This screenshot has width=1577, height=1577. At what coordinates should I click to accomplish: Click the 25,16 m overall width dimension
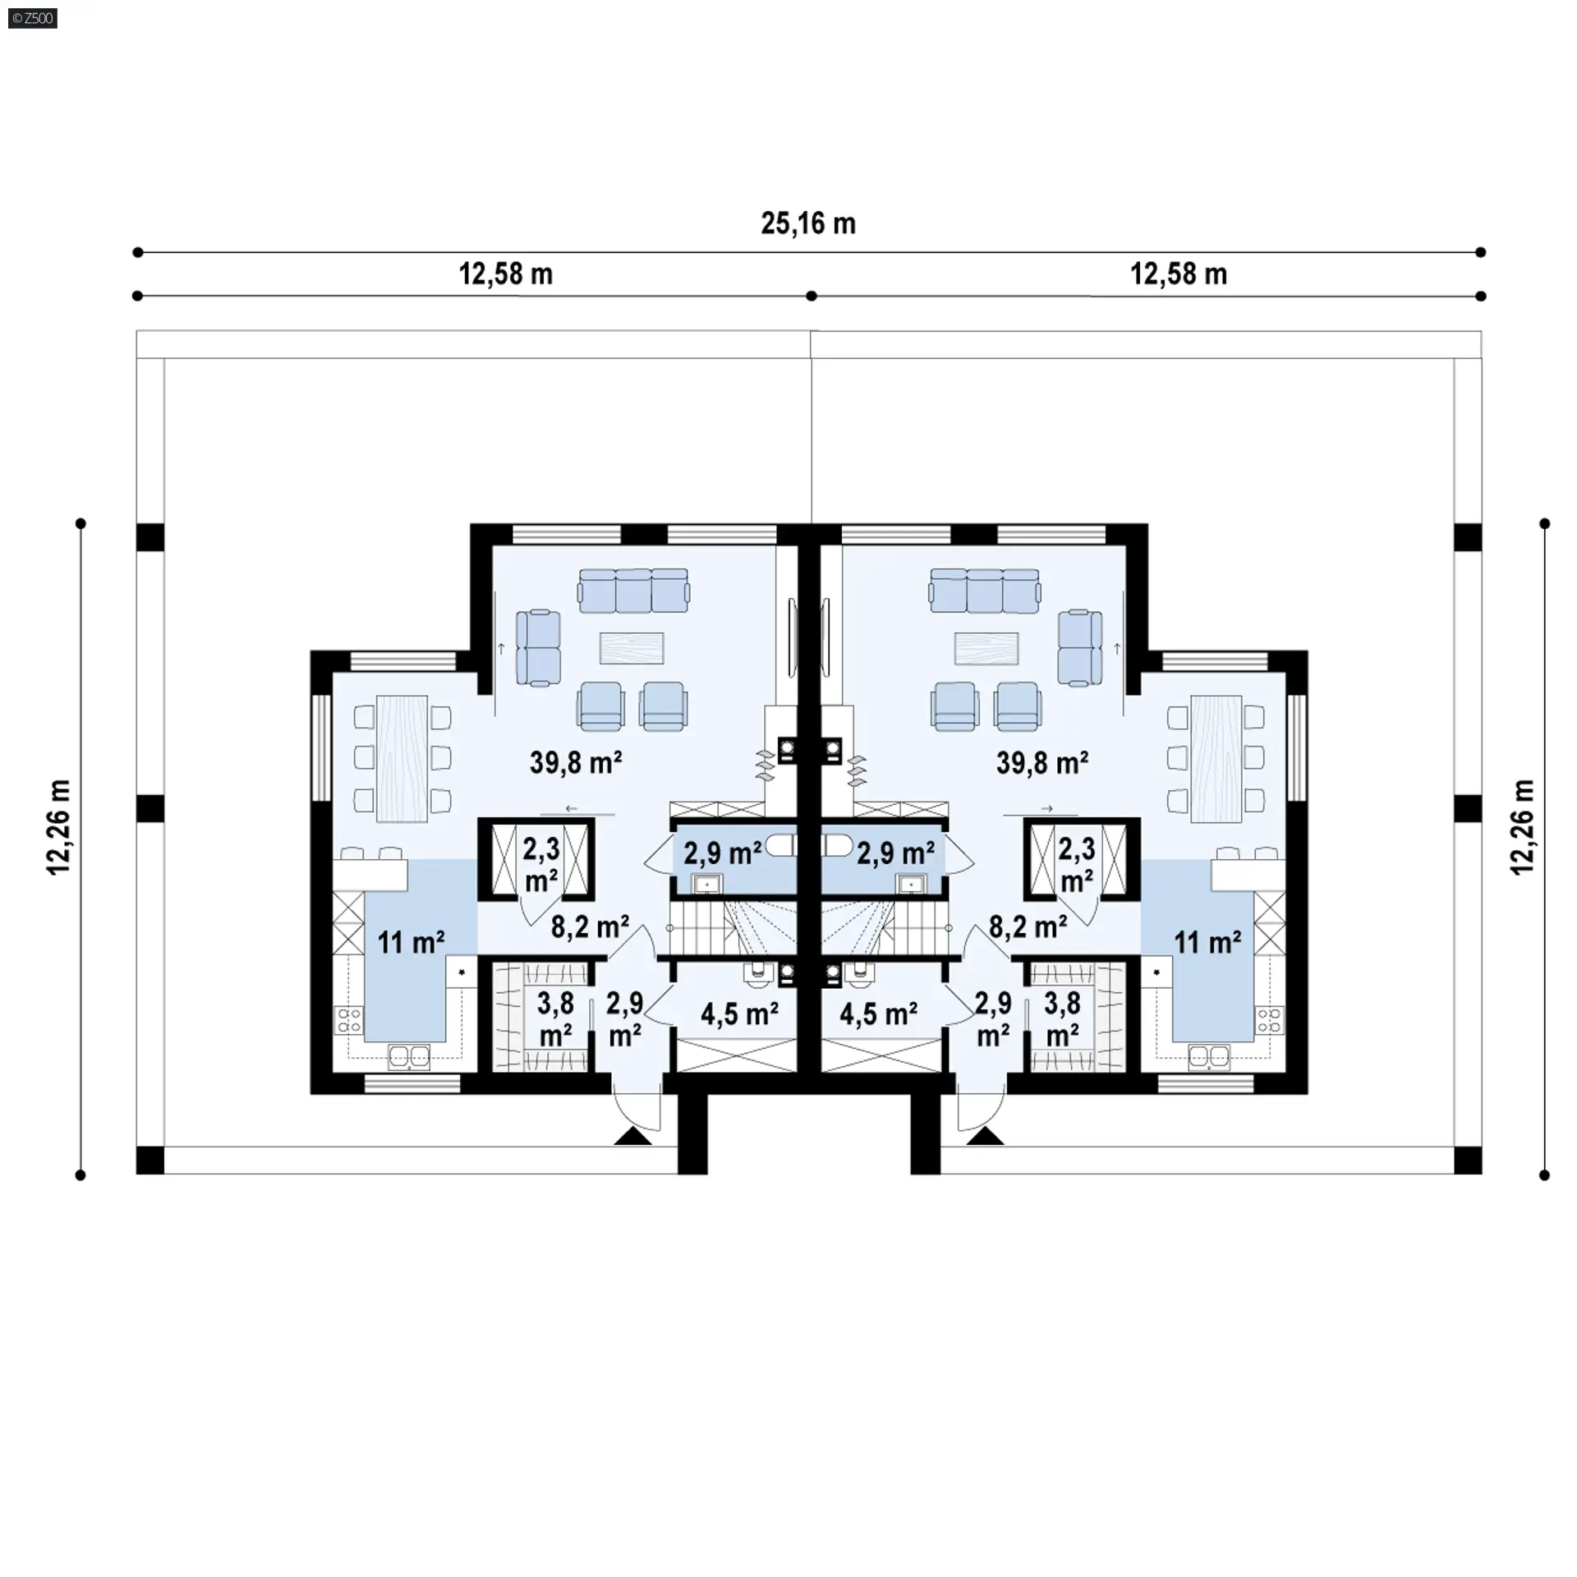coord(808,223)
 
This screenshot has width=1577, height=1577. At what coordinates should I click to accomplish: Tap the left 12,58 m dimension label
coord(505,274)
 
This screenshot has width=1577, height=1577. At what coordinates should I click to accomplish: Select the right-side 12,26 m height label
coord(1522,826)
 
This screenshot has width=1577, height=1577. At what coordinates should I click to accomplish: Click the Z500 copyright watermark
coord(33,17)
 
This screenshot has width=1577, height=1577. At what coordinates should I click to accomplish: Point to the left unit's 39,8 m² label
coord(575,762)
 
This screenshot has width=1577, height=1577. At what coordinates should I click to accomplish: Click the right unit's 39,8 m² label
coord(1041,762)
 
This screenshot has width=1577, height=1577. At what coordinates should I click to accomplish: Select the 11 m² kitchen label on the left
coord(411,942)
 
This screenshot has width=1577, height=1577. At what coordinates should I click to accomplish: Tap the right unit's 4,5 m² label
coord(878,1014)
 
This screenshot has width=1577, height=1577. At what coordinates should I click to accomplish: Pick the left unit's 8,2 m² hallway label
coord(590,927)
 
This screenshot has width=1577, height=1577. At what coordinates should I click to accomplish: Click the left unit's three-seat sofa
coord(633,591)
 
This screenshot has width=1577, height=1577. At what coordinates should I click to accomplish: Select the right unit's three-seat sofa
coord(985,591)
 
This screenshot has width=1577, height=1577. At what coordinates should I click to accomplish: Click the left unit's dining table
coord(402,758)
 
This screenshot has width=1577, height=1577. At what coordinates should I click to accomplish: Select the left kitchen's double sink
coord(409,1056)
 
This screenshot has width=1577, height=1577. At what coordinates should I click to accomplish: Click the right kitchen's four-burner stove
coord(1269,1021)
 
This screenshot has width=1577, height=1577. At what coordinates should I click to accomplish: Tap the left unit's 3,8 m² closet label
coord(555,1018)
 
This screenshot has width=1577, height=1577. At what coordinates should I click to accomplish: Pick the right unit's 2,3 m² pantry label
coord(1076,864)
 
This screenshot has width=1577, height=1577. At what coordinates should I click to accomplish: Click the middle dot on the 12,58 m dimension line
coord(811,296)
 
